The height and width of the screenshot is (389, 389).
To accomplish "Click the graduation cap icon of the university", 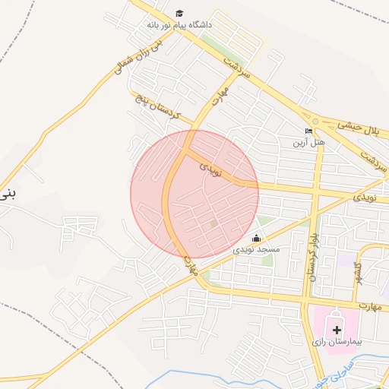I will pyautogui.click(x=179, y=13).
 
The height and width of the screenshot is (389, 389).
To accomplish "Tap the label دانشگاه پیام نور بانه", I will pyautogui.click(x=180, y=25).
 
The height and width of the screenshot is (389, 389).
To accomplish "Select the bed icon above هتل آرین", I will pyautogui.click(x=308, y=131).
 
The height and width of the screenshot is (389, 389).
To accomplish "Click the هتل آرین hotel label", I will pyautogui.click(x=309, y=142).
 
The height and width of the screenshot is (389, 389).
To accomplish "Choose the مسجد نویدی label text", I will pyautogui.click(x=256, y=249).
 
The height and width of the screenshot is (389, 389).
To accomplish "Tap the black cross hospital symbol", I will pyautogui.click(x=337, y=330).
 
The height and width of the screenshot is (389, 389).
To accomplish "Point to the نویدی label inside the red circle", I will pyautogui.click(x=210, y=169).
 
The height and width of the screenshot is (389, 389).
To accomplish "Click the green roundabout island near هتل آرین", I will pyautogui.click(x=315, y=121).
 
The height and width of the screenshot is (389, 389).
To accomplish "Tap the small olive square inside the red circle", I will pyautogui.click(x=213, y=223).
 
